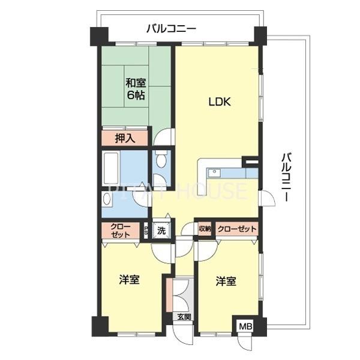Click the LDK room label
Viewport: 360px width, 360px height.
coord(220,102)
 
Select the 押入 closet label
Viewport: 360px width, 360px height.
coord(125,137)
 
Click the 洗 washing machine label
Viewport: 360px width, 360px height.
coord(161,230)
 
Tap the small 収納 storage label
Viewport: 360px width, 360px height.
coord(205,229)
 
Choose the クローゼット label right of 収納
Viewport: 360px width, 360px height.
coord(236,229)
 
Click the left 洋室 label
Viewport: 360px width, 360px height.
coord(130,280)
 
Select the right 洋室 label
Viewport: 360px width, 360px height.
coord(226,281)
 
